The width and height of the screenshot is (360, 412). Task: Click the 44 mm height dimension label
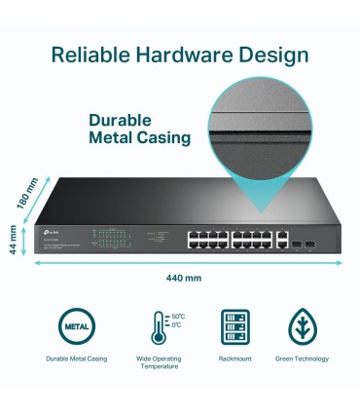14,239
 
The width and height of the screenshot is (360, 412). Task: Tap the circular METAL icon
76,324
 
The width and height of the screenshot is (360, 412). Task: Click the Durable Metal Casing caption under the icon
76,359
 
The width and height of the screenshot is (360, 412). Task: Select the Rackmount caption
234,359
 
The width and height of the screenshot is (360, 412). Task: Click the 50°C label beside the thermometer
177,317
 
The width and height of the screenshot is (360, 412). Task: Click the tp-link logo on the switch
49,230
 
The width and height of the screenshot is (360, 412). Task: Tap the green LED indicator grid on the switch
110,236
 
